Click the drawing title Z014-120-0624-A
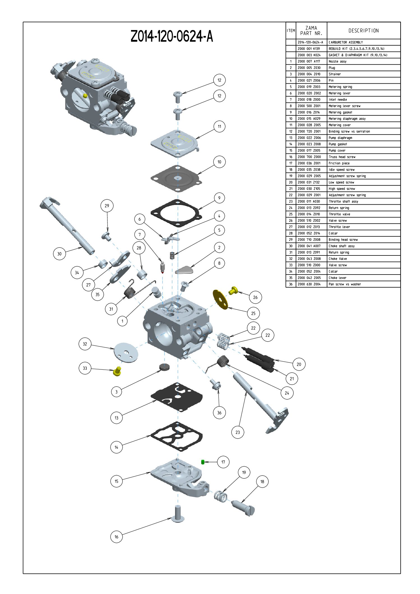click(172, 36)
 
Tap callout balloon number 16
click(116, 537)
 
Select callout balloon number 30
click(59, 254)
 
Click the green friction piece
click(203, 462)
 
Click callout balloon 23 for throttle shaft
click(238, 432)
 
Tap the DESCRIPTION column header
click(364, 31)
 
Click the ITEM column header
click(291, 31)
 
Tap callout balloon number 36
click(219, 413)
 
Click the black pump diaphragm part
click(177, 397)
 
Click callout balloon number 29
click(107, 206)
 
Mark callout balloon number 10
click(219, 162)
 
